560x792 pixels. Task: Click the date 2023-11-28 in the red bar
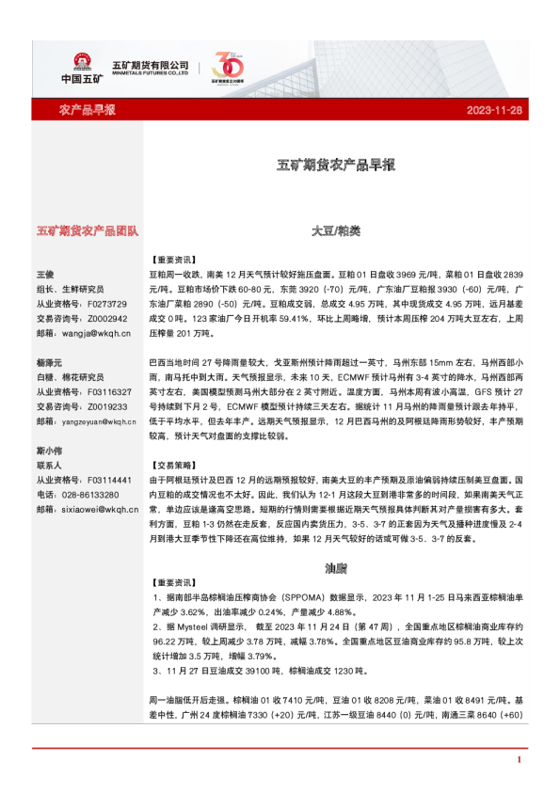click(x=494, y=110)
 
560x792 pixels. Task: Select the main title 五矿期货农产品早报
click(x=336, y=166)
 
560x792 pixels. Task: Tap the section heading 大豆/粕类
click(x=336, y=230)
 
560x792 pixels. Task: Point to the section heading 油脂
click(x=336, y=568)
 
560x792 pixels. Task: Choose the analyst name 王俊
click(x=45, y=273)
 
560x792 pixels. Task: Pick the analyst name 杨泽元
click(x=50, y=362)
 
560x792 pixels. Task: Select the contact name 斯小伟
click(x=50, y=451)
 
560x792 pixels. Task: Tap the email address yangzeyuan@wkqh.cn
click(x=98, y=421)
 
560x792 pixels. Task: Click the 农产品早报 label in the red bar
click(x=88, y=110)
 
